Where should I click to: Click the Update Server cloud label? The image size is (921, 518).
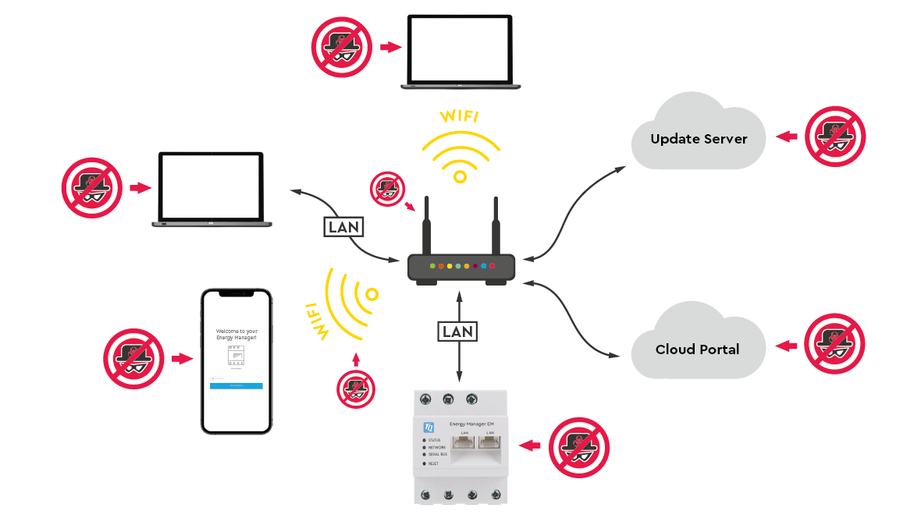pyautogui.click(x=699, y=139)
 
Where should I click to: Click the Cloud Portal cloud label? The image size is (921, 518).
pyautogui.click(x=697, y=349)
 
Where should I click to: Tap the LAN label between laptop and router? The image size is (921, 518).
pyautogui.click(x=344, y=227)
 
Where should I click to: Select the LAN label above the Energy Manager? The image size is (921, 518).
pyautogui.click(x=457, y=331)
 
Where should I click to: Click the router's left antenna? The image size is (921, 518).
pyautogui.click(x=427, y=226)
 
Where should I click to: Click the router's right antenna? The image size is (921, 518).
pyautogui.click(x=495, y=226)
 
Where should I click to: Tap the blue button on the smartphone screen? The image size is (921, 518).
pyautogui.click(x=236, y=386)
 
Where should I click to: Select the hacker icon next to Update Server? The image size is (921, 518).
pyautogui.click(x=834, y=137)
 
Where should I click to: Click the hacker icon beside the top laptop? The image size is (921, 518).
pyautogui.click(x=342, y=46)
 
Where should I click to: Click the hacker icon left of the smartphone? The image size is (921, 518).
pyautogui.click(x=133, y=358)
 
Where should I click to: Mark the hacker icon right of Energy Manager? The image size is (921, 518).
pyautogui.click(x=578, y=447)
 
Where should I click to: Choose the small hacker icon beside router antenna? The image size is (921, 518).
pyautogui.click(x=387, y=188)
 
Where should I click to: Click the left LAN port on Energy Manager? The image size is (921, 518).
pyautogui.click(x=464, y=445)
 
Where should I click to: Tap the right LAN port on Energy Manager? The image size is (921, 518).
pyautogui.click(x=490, y=445)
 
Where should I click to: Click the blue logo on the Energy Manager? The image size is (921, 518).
pyautogui.click(x=428, y=427)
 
